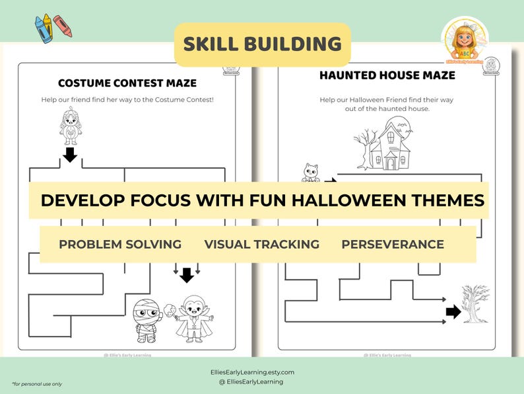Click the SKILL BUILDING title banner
coord(262,44)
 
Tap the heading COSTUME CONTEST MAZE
coord(127,83)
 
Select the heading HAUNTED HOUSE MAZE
coord(387,75)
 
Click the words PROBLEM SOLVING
coord(120,245)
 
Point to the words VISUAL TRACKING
coord(261,245)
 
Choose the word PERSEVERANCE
coord(392,245)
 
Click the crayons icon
coord(53,28)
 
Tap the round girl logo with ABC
coord(465,40)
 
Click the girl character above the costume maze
coord(70,126)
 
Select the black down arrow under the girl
coord(70,155)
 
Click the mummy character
coord(146,321)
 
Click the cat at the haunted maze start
coord(310,173)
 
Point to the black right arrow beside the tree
coord(453,312)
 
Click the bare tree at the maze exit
coord(475,303)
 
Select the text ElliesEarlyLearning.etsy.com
coord(262,372)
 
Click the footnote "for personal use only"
coord(36,383)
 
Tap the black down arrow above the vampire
coord(187,274)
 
